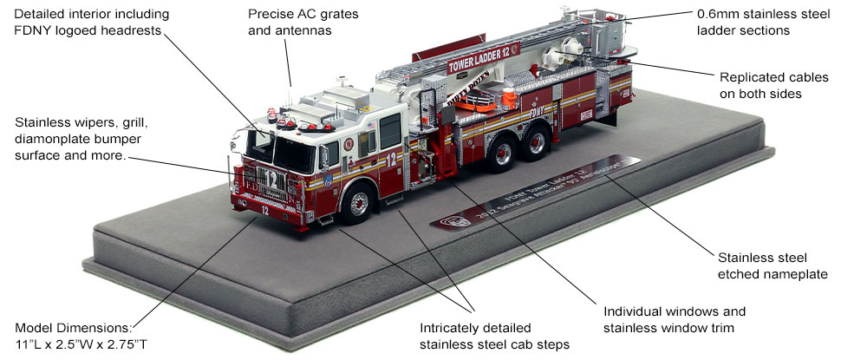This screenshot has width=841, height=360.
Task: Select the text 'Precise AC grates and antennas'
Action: pos(291,24)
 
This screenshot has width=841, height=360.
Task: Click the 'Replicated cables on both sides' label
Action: pos(756,84)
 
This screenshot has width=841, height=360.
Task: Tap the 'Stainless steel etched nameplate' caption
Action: pos(763,266)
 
